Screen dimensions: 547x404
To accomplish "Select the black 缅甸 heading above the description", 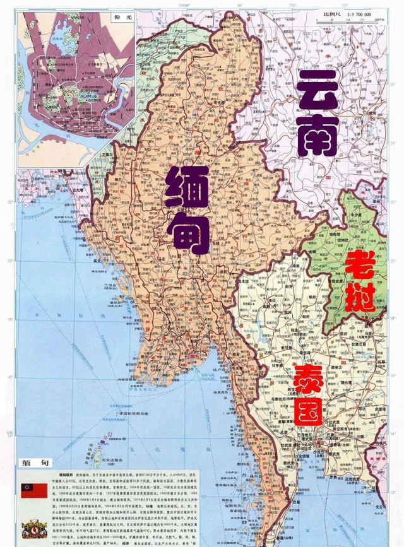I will click(32, 462).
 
